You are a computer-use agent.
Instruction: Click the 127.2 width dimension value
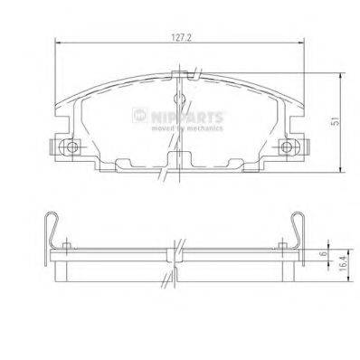[181, 38]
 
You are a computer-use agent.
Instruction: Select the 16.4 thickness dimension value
[343, 262]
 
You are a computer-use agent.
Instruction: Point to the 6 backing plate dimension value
[324, 253]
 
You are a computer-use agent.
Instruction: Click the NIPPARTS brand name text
[187, 117]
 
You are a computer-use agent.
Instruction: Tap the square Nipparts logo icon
[139, 116]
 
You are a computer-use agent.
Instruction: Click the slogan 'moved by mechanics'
[187, 128]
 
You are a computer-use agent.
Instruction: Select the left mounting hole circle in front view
[71, 147]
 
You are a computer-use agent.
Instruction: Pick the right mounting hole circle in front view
[286, 147]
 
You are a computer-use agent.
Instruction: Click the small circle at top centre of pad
[179, 99]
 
